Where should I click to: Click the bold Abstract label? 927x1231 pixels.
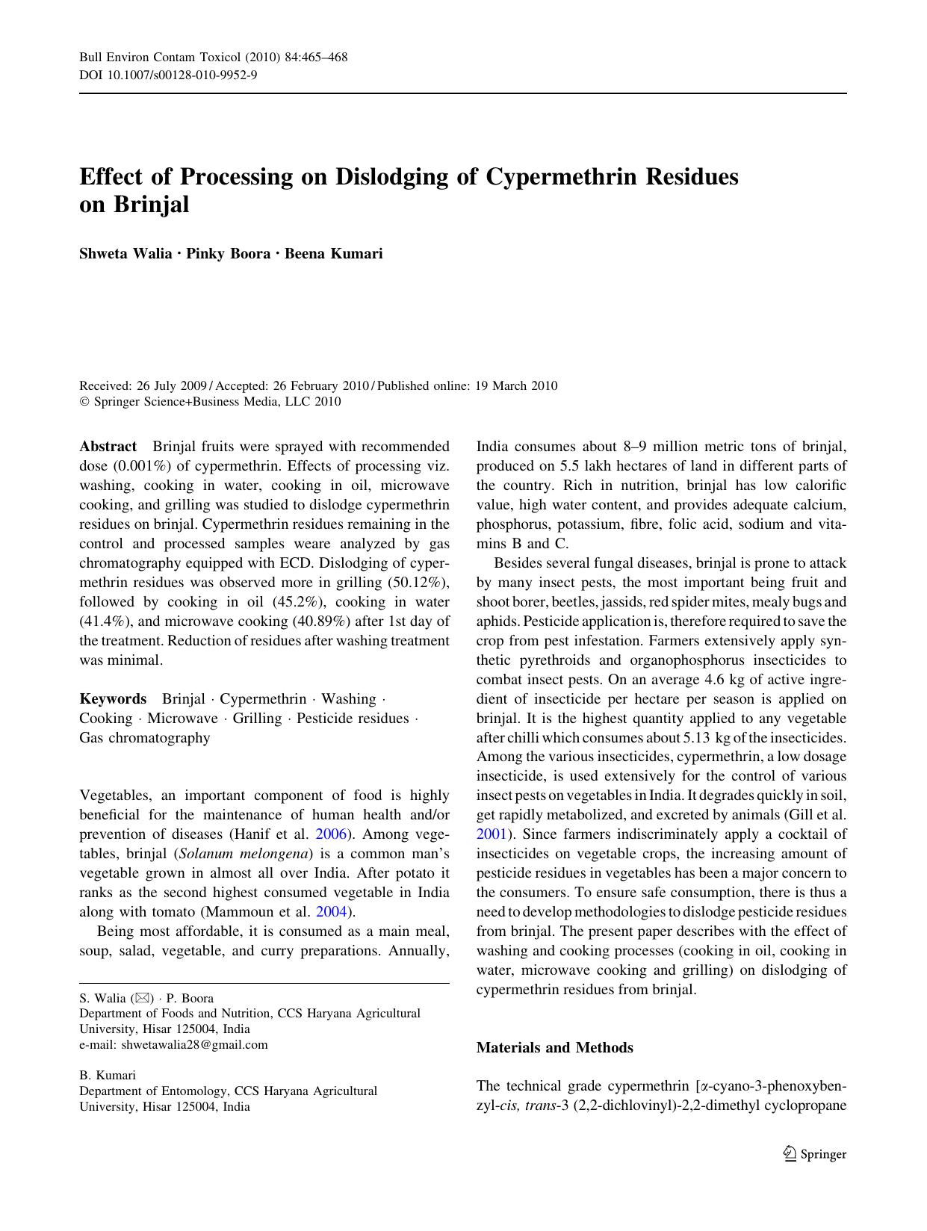pos(108,447)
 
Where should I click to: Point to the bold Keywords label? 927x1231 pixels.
pos(113,699)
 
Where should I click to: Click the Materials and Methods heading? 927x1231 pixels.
pos(554,1048)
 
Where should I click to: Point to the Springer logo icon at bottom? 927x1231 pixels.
pos(790,1154)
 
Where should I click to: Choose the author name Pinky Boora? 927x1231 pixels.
pos(228,253)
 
